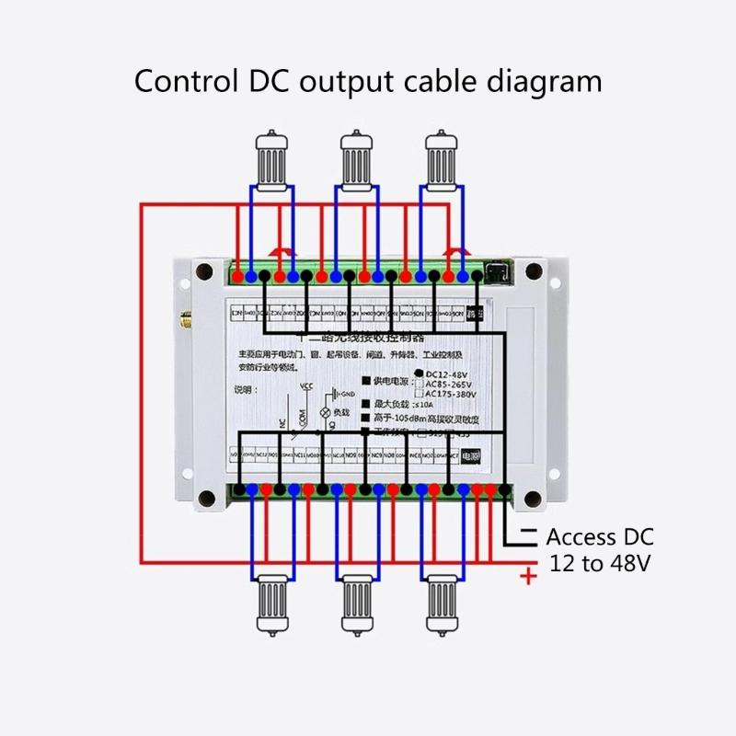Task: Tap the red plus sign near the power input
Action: coord(528,577)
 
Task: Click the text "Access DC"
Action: coord(600,537)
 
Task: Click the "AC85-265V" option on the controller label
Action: coord(452,384)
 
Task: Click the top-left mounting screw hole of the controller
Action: coord(204,272)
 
